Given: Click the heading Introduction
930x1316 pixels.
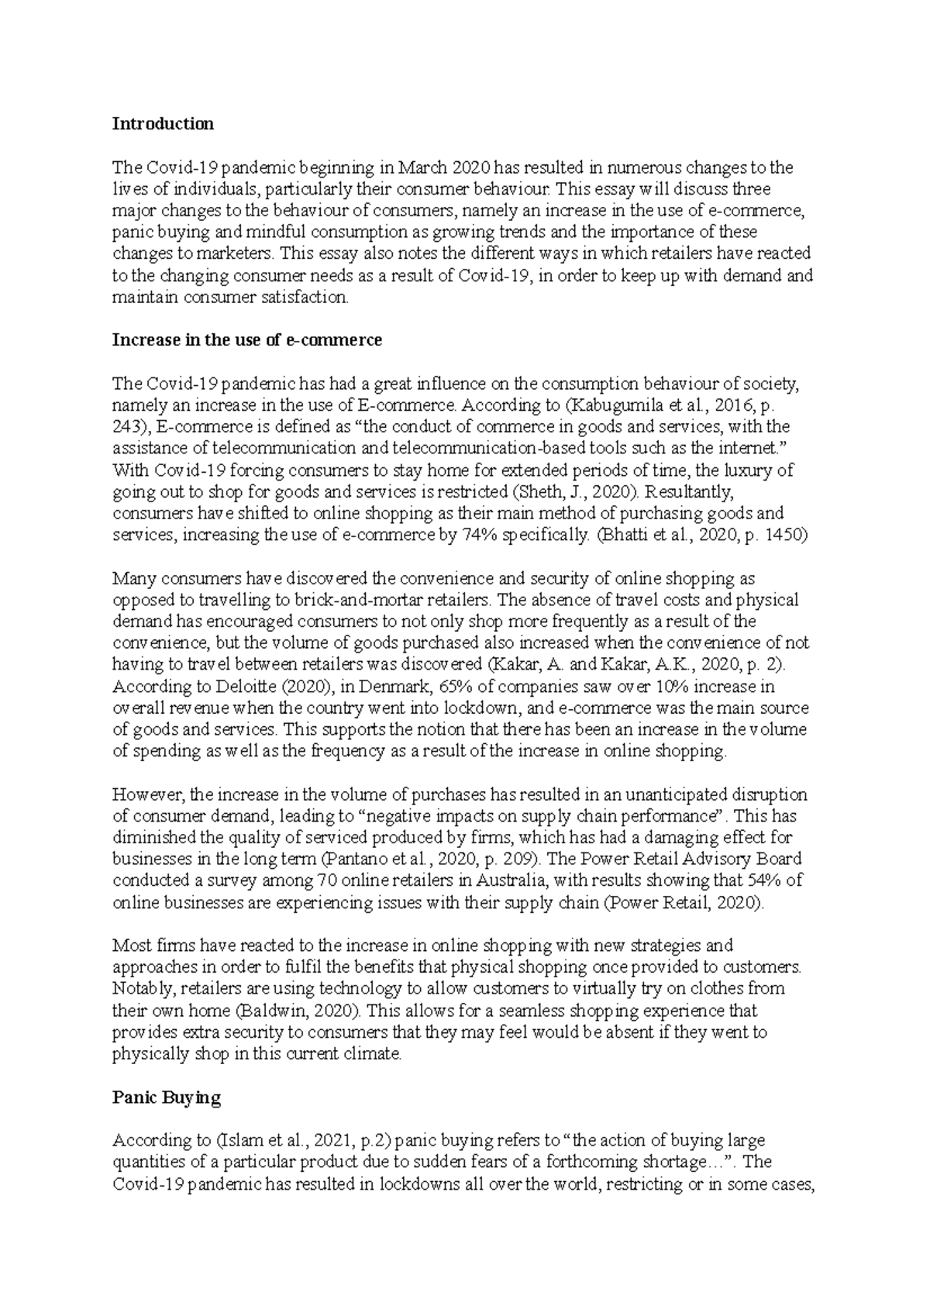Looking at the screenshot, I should [x=163, y=124].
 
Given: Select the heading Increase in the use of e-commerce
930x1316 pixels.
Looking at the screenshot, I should [x=247, y=339].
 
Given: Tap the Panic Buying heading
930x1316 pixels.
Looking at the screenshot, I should [x=167, y=1097].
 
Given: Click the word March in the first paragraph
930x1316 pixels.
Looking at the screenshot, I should [x=424, y=167].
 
